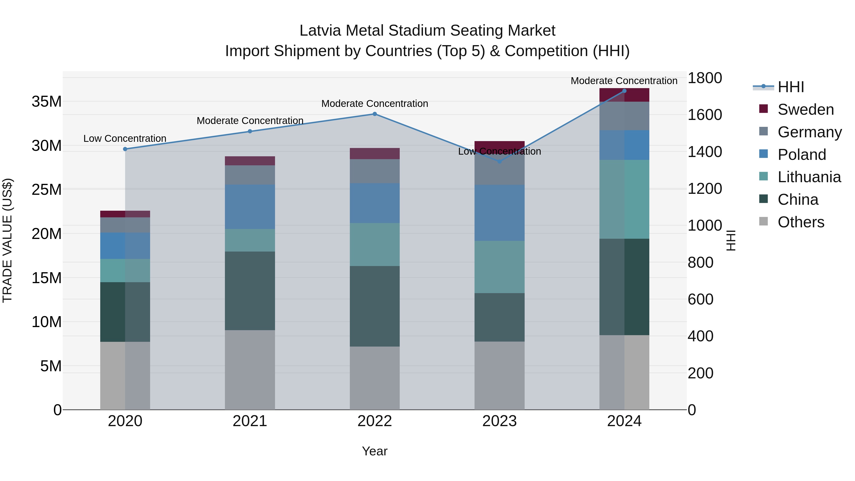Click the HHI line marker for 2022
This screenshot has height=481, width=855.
tap(375, 114)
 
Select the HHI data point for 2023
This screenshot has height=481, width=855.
tap(499, 161)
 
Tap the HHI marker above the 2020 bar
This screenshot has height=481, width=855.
tap(125, 149)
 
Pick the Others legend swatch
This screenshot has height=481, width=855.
tap(763, 222)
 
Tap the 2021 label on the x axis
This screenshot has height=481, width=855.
tap(250, 421)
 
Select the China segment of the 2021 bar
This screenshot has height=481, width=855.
tap(250, 291)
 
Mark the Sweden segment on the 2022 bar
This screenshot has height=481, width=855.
tap(375, 153)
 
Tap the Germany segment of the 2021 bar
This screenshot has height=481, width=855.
tap(250, 175)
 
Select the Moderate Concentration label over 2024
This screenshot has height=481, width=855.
tap(624, 81)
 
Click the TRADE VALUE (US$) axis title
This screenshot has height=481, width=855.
tap(7, 240)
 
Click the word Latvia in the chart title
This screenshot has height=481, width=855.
tap(320, 31)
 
